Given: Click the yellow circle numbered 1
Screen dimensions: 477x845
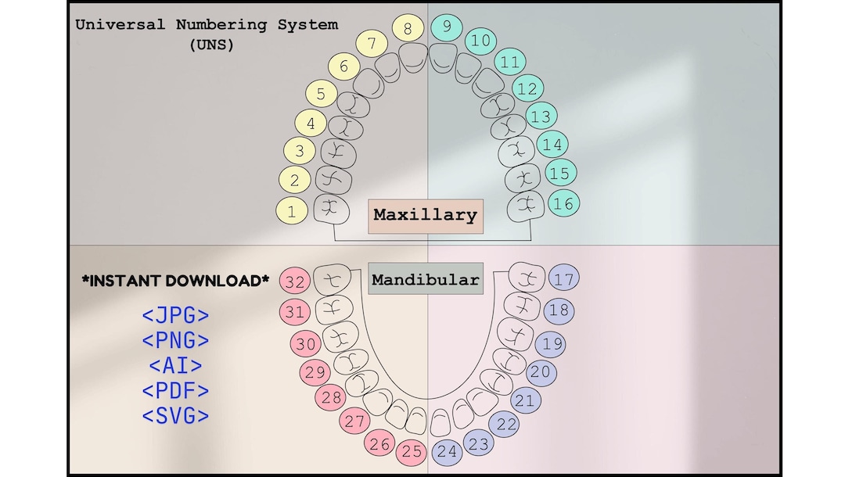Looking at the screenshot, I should click(292, 210).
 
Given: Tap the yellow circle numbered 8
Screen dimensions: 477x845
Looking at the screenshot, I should click(408, 29).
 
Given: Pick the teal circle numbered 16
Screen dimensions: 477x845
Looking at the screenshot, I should click(563, 203).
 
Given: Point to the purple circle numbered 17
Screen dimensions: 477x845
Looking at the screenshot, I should click(564, 278).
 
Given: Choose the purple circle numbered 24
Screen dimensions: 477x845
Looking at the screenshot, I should click(447, 451).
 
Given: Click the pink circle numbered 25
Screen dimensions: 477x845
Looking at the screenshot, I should click(412, 451).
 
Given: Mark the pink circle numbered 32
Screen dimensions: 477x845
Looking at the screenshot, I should click(295, 281).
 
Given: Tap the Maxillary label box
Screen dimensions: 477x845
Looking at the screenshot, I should click(425, 215).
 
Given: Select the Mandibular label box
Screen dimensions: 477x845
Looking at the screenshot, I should click(425, 279).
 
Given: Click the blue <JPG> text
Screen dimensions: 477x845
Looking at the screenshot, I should click(175, 316).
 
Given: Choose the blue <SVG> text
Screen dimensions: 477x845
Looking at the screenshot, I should click(175, 415).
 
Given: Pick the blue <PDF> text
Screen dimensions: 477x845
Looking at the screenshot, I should click(175, 390).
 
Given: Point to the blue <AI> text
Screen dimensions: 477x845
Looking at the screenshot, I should click(175, 365).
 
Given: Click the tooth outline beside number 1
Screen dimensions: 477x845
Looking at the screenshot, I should click(330, 208).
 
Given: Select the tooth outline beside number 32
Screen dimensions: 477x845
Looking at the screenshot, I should click(331, 279).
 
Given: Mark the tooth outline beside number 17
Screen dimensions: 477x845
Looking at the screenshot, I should click(527, 276).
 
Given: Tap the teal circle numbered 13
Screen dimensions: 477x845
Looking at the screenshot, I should click(541, 117).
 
